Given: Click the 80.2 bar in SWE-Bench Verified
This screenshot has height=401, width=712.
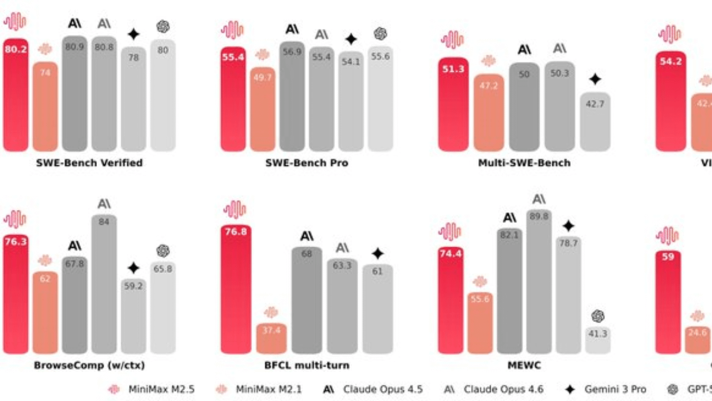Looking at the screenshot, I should coord(16,95).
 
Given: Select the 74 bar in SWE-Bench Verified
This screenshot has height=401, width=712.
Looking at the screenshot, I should coord(45,106).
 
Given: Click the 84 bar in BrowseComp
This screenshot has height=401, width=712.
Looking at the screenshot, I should coord(104,284).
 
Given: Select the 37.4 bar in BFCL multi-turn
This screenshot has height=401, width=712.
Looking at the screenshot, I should coord(271,338).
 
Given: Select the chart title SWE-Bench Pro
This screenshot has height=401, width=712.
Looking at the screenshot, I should coord(307,163).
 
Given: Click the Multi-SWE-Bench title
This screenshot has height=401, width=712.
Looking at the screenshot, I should coord(524,163).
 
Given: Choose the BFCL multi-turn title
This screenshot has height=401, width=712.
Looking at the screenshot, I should coord(307,366).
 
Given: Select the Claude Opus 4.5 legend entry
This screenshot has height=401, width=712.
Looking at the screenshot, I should coord(372,389).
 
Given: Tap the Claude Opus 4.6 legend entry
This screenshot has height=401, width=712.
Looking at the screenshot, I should coord(493,389).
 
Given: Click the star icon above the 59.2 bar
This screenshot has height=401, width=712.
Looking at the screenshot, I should coord(133,268).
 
